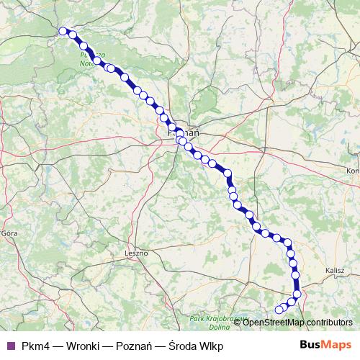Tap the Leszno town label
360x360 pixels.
pos(135,253)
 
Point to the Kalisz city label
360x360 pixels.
pos(336,269)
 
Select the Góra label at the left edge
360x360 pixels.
pos(9,233)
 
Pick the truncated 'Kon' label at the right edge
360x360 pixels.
pos(353,171)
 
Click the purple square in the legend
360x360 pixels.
pos(10,346)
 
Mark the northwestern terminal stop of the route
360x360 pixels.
pos(63,31)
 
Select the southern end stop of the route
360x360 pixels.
pos(279,310)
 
